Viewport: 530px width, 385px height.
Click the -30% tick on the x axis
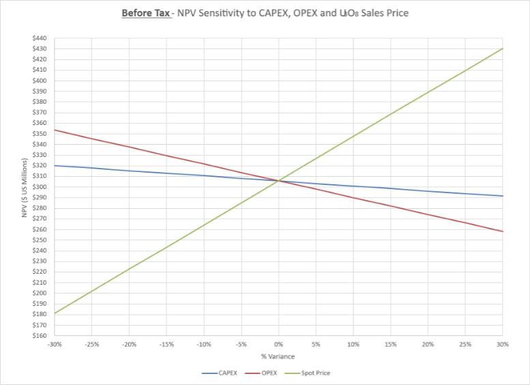(55, 345)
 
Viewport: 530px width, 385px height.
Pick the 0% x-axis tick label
(278, 345)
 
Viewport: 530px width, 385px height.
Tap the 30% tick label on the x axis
(502, 345)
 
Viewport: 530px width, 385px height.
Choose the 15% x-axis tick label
(390, 345)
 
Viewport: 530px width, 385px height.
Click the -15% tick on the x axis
(166, 345)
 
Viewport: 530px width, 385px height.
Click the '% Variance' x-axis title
(278, 356)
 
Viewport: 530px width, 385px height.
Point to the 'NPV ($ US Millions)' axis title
(24, 187)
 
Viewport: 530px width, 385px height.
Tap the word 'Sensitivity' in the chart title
(220, 13)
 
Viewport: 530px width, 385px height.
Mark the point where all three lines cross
(278, 181)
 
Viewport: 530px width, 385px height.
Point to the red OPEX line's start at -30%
(55, 130)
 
